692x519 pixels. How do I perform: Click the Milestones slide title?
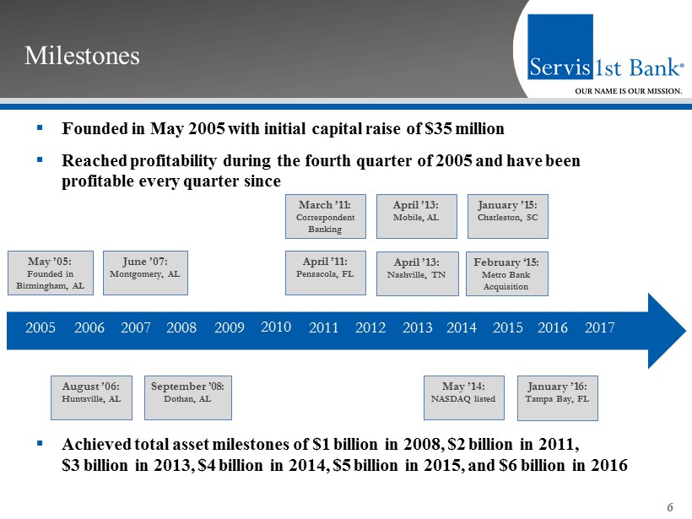tap(82, 56)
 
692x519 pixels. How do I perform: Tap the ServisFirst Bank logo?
tap(606, 54)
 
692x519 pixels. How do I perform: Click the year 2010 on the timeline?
tap(276, 327)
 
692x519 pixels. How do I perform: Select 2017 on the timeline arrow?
tap(599, 327)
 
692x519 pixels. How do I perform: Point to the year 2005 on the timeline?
tap(41, 327)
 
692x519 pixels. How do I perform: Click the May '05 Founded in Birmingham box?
tap(51, 273)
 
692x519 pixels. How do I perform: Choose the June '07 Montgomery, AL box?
tap(145, 273)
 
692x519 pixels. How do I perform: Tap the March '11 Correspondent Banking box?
tap(325, 216)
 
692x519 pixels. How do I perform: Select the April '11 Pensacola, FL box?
tap(325, 273)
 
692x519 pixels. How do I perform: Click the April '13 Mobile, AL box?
tap(416, 216)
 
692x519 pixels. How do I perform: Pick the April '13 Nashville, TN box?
tap(417, 273)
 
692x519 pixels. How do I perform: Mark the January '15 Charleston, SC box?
tap(507, 216)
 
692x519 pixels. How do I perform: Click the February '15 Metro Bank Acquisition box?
tap(506, 273)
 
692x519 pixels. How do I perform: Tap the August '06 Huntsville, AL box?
tap(91, 397)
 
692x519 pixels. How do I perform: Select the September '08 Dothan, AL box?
tap(188, 397)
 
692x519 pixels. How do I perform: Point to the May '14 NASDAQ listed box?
tap(464, 397)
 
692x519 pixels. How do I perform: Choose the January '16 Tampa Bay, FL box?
tap(557, 398)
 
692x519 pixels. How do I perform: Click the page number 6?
tap(669, 507)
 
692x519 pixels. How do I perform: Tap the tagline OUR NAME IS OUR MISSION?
tap(629, 91)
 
